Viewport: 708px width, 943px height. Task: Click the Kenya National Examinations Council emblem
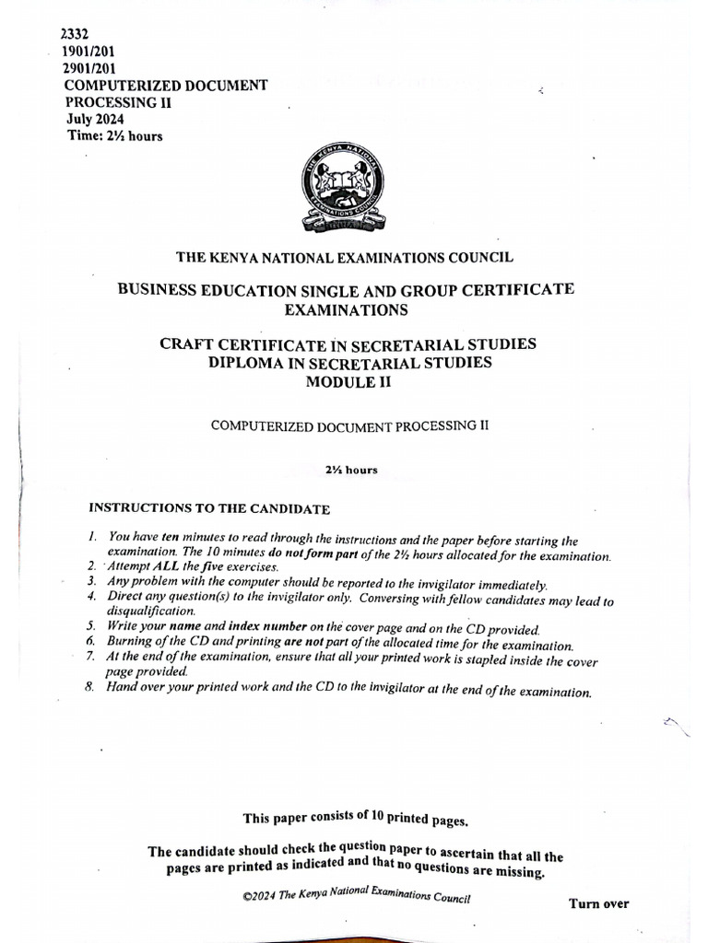[x=343, y=192]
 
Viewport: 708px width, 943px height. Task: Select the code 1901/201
[x=89, y=52]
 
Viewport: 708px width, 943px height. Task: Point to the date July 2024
[x=95, y=119]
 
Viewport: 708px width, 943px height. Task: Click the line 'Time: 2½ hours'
[x=115, y=136]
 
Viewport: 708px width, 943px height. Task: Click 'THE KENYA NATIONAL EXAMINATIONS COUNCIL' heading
[x=346, y=259]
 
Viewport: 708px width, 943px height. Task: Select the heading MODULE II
[x=348, y=382]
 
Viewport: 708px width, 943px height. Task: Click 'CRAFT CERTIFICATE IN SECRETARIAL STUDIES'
[x=348, y=344]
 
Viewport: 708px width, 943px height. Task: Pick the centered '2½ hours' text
[x=350, y=470]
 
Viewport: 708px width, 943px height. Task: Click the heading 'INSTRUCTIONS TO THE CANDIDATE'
[x=208, y=508]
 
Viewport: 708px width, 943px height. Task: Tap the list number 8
[x=90, y=687]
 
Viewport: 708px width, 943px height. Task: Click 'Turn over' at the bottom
[x=598, y=903]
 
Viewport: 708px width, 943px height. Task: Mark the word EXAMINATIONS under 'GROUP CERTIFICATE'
[x=346, y=310]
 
